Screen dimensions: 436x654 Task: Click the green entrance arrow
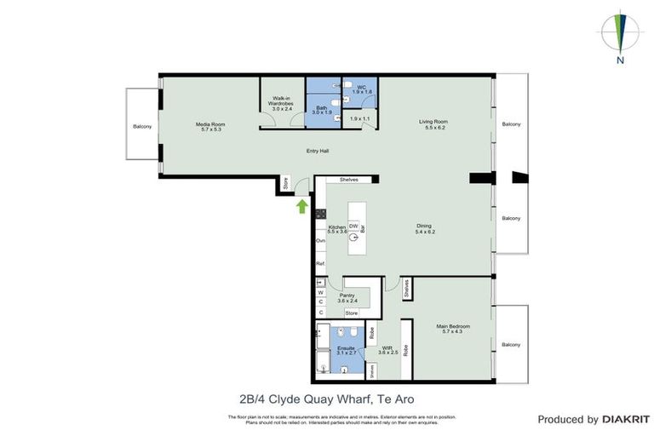coord(301,204)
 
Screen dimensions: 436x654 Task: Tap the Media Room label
coord(211,124)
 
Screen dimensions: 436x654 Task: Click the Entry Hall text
coord(318,152)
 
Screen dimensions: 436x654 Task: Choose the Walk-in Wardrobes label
coord(282,101)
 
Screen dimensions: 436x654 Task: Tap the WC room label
coord(361,87)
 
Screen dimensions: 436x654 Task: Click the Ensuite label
coord(346,348)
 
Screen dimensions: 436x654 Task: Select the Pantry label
coord(347,295)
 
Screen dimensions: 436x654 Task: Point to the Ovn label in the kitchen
coord(321,241)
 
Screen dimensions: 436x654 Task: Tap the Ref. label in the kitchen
coord(320,264)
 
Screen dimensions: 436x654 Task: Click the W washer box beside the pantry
coord(320,292)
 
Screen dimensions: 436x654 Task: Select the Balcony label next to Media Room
coord(142,127)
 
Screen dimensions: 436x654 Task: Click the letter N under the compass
coord(622,60)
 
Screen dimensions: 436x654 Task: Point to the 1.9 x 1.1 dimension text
coord(359,118)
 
